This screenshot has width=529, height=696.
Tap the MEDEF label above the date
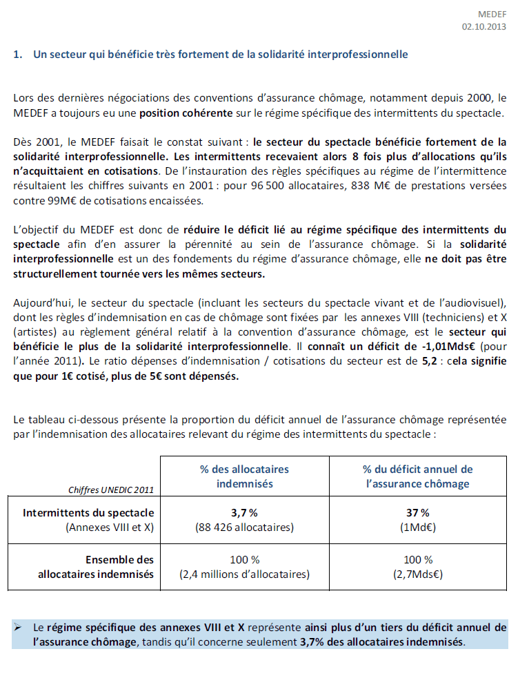click(492, 14)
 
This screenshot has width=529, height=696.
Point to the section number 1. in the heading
click(19, 54)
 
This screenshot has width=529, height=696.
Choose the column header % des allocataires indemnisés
click(244, 476)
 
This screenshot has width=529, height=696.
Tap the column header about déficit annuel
click(417, 476)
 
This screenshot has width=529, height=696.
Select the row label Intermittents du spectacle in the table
click(88, 514)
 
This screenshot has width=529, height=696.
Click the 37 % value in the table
click(418, 513)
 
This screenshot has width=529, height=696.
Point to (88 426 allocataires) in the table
click(245, 528)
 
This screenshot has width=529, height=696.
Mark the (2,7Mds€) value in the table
click(418, 574)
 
